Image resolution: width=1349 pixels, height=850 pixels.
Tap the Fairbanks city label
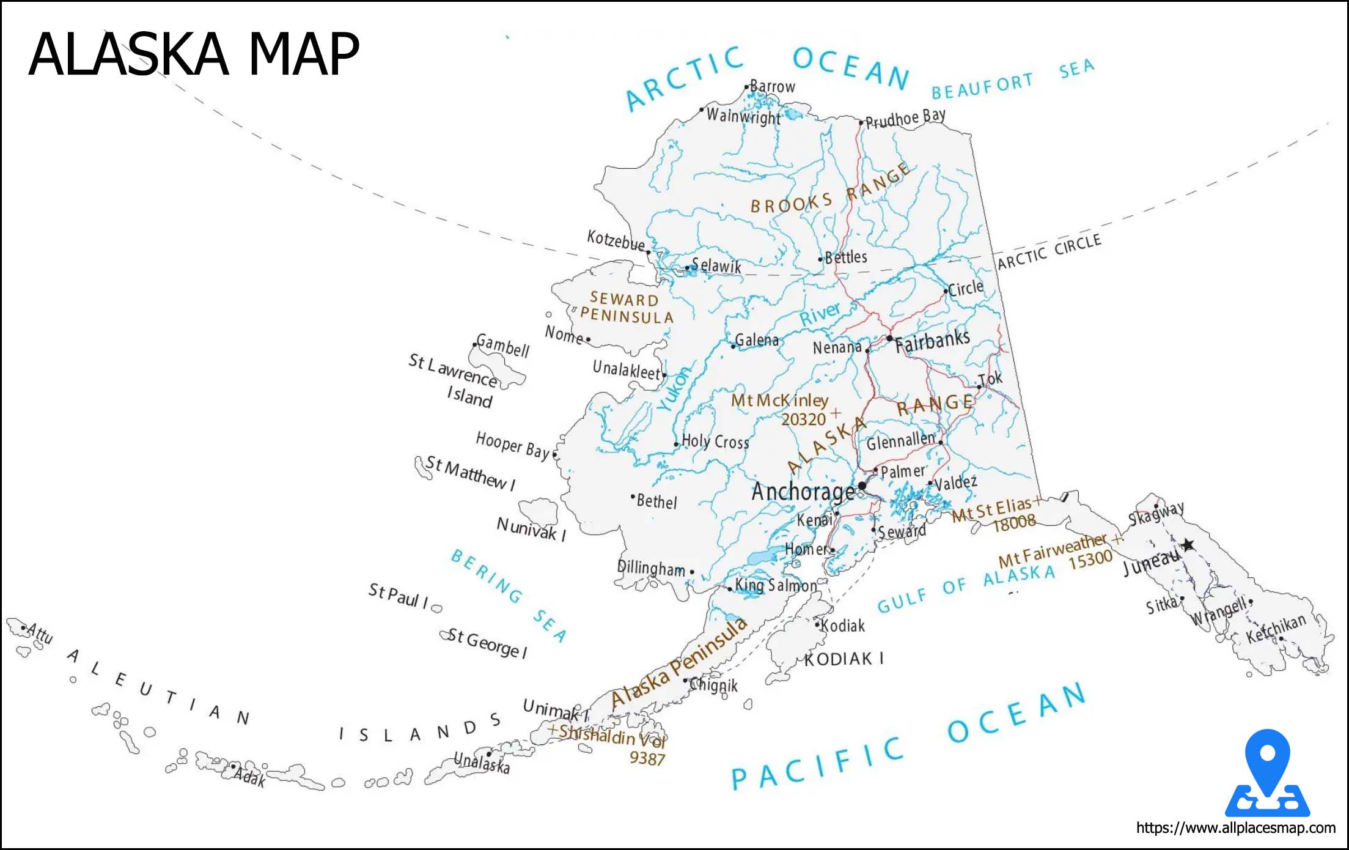932,341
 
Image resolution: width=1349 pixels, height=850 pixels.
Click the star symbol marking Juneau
1188,544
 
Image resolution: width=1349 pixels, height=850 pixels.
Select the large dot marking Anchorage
862,486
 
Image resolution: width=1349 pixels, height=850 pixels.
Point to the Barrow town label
772,86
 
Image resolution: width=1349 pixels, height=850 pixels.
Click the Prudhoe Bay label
905,119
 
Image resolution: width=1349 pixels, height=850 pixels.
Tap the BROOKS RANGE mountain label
830,190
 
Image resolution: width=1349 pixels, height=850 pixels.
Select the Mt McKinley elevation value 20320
803,419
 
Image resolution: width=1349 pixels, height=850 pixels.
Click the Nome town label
564,334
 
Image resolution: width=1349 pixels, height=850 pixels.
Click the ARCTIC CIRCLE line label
1049,251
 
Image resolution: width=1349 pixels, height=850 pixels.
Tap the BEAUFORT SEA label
1012,79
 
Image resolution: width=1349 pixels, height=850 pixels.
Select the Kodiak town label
843,626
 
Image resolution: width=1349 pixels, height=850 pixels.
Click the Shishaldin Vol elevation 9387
647,758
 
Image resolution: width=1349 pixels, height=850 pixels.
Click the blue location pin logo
1267,773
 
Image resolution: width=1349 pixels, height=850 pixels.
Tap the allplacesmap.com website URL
1235,828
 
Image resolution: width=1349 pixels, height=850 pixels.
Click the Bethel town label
656,501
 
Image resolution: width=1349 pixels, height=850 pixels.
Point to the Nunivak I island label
531,528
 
